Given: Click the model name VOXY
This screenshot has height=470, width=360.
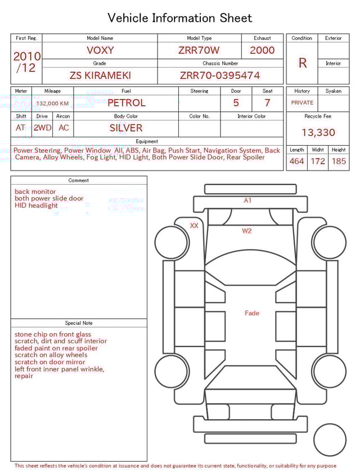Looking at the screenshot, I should (100, 50).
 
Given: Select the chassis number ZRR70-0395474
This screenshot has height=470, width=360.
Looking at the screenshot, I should (220, 75).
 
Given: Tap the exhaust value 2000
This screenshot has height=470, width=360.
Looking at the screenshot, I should (262, 50).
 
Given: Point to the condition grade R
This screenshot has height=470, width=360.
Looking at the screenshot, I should (302, 62).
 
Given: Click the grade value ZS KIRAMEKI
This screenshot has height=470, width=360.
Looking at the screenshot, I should (100, 75).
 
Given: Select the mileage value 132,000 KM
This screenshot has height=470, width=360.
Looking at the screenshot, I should (52, 104).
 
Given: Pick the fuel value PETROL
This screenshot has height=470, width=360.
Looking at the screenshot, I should (126, 103).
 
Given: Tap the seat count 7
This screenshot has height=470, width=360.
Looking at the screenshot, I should (267, 103).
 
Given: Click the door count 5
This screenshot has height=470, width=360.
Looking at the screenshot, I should (236, 103).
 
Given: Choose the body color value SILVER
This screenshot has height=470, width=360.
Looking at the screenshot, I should (126, 128).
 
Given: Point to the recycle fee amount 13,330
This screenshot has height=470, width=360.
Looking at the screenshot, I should (318, 132).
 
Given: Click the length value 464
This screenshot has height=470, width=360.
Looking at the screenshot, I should (296, 162).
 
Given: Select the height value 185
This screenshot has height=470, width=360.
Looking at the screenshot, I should (339, 162).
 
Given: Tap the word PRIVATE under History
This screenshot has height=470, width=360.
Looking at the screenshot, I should (302, 103).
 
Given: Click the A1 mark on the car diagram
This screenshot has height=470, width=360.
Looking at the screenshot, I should (247, 200).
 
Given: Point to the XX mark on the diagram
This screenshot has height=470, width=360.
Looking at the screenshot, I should (194, 226).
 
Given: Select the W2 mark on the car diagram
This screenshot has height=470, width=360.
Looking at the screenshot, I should (247, 231).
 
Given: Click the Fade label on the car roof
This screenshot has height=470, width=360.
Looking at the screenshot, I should (251, 313).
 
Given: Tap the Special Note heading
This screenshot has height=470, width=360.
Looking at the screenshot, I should (79, 323).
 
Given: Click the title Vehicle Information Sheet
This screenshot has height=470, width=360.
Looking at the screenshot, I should (180, 18).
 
